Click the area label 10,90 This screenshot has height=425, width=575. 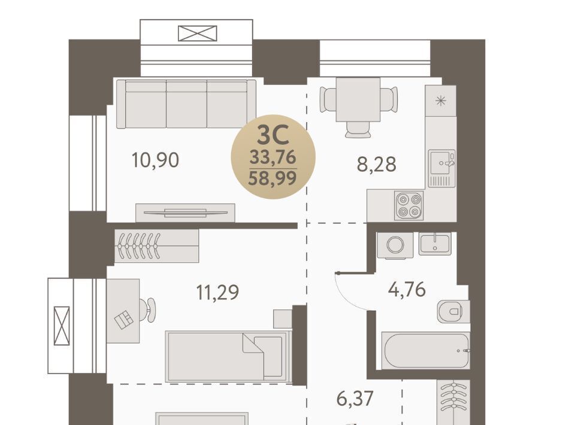click(x=155, y=160)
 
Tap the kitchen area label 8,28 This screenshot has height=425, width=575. click(x=377, y=164)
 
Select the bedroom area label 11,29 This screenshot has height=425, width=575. click(x=217, y=292)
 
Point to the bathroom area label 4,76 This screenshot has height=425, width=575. click(x=407, y=289)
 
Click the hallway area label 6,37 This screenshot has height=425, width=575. click(x=355, y=398)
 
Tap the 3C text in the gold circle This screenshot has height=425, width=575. click(x=273, y=135)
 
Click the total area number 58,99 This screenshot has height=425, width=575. click(x=273, y=179)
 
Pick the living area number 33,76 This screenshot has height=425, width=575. click(x=273, y=157)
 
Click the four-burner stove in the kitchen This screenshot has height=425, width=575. click(x=409, y=205)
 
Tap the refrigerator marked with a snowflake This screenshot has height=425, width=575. click(x=440, y=101)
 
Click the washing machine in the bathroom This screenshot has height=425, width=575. click(x=395, y=245)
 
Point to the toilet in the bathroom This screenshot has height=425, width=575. click(x=453, y=311)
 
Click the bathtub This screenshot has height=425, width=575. click(x=425, y=350)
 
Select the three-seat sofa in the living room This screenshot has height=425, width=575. click(x=186, y=104)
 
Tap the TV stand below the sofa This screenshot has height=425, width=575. click(x=185, y=213)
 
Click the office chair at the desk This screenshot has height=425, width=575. click(x=148, y=310)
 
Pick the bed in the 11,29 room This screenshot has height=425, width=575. click(x=228, y=356)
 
